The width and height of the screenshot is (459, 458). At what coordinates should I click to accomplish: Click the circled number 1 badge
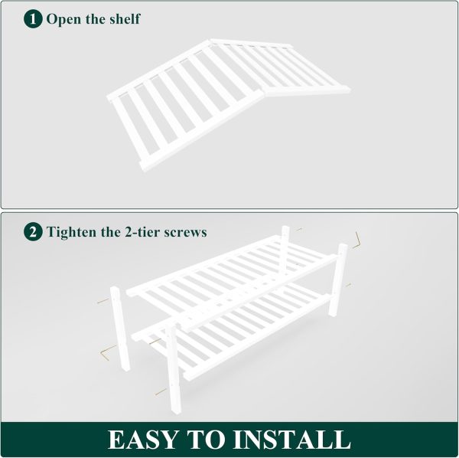(x=33, y=18)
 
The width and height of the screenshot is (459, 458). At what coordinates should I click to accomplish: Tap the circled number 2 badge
(x=33, y=232)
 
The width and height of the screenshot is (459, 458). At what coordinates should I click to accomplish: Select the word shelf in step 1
(x=125, y=18)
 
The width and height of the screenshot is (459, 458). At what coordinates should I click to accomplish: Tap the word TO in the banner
(x=207, y=440)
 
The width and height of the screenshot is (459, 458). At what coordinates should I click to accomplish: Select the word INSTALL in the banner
(x=291, y=440)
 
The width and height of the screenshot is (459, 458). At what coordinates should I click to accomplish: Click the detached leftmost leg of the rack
(x=120, y=329)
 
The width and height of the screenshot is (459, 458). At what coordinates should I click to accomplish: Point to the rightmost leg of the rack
(x=338, y=280)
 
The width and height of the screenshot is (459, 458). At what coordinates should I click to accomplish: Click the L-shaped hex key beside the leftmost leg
(x=106, y=351)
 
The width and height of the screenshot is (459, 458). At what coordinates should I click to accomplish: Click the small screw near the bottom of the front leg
(x=161, y=392)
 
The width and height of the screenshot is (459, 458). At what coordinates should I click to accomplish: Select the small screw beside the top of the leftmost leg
(x=103, y=301)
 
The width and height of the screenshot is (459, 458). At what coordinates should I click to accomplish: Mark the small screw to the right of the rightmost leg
(x=348, y=285)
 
